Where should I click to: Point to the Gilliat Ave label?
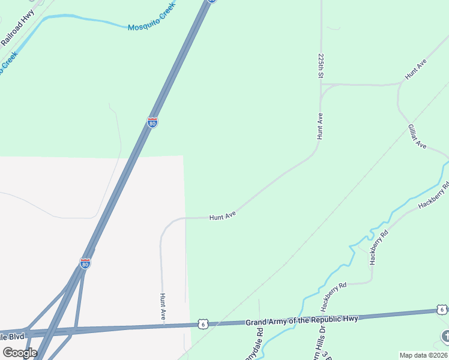point(417,137)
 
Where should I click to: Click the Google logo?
point(20,352)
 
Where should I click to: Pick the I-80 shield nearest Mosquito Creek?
point(152,122)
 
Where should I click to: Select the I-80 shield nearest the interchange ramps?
point(85,263)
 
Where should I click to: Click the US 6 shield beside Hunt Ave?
point(203,324)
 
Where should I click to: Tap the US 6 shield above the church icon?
point(442,310)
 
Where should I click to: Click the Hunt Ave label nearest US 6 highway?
point(163,306)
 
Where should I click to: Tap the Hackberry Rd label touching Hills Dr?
point(334,295)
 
